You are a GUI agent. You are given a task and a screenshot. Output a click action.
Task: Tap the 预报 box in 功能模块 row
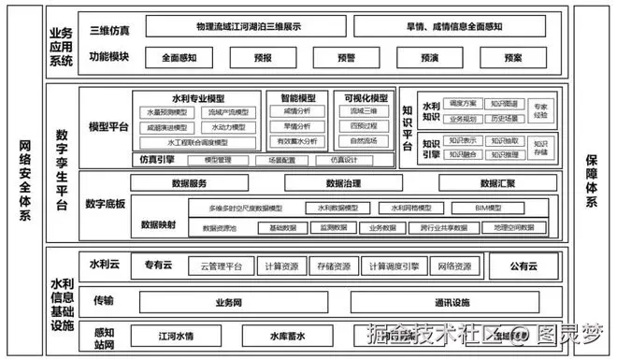point(264,58)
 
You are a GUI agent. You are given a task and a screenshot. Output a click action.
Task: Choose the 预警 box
point(345,58)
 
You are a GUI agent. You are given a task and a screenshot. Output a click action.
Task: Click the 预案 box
point(512,58)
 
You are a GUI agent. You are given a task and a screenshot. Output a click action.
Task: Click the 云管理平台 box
point(221,266)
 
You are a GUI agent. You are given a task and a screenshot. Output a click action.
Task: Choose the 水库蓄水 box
point(285,335)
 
